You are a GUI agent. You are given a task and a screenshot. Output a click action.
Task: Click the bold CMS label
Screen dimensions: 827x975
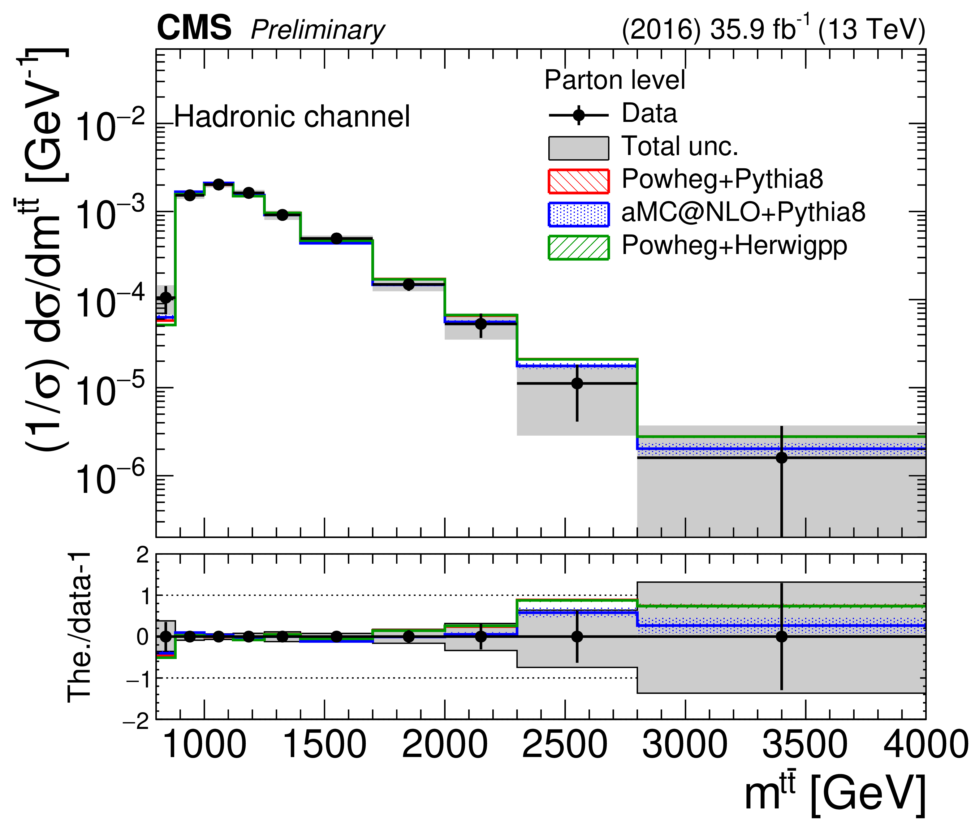click(x=194, y=28)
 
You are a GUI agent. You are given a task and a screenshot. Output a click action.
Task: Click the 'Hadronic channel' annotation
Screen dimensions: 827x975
click(x=291, y=116)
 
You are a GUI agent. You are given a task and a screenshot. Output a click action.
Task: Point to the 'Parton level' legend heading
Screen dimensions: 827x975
click(x=615, y=80)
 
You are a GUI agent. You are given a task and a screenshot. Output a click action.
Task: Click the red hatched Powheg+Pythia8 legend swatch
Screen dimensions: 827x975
click(x=578, y=181)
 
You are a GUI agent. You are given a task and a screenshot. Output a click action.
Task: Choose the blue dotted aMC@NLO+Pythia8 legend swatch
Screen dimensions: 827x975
click(x=578, y=214)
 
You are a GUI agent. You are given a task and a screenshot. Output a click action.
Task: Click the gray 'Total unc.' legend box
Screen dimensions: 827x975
click(x=578, y=148)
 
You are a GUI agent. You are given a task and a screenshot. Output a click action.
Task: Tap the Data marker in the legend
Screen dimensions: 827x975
click(x=579, y=115)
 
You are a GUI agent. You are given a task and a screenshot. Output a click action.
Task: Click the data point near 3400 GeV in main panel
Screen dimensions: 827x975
click(x=781, y=458)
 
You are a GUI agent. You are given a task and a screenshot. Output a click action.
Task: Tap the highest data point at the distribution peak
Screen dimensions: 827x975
click(x=218, y=184)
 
